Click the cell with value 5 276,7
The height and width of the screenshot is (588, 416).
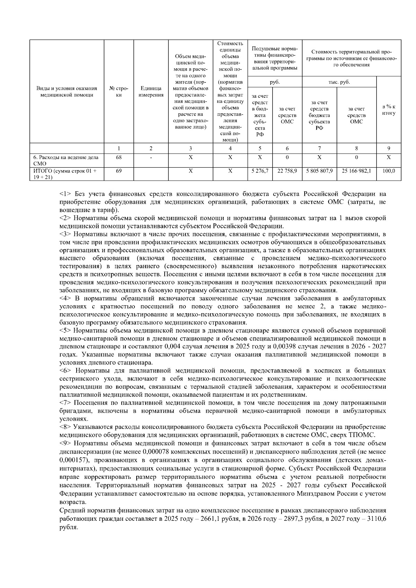260,171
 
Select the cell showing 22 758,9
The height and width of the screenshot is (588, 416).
287,171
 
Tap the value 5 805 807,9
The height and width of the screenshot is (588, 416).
319,171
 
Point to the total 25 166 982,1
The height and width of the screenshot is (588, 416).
356,171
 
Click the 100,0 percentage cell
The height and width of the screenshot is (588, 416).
389,171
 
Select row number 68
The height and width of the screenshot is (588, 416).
119,157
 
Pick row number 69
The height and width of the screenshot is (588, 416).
119,171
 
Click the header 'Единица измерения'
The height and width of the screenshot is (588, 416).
151,92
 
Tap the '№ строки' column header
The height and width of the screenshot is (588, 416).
119,92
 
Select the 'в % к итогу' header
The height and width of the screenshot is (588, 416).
389,110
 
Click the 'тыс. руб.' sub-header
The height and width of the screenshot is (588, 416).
339,82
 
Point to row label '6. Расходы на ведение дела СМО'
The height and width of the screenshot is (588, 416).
66,160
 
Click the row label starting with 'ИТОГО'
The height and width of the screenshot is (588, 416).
65,174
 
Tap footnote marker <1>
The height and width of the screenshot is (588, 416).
66,194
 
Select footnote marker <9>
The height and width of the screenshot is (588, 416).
66,444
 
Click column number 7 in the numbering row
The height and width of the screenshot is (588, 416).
319,148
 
